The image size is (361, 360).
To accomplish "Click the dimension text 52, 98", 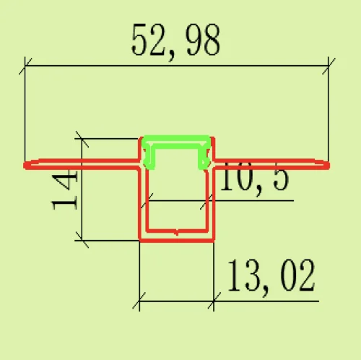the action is click(175, 41).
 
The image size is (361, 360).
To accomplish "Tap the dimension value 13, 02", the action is click(271, 276).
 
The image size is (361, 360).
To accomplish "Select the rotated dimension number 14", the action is click(64, 189).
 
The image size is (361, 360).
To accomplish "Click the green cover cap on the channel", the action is click(176, 140).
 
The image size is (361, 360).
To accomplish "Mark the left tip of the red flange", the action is click(24, 166).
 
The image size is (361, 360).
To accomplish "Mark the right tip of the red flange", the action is click(329, 166).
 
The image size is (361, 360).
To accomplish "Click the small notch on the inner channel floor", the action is click(177, 233).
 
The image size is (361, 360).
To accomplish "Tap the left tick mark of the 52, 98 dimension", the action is click(25, 66).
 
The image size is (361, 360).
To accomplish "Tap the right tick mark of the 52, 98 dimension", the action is click(329, 66).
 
